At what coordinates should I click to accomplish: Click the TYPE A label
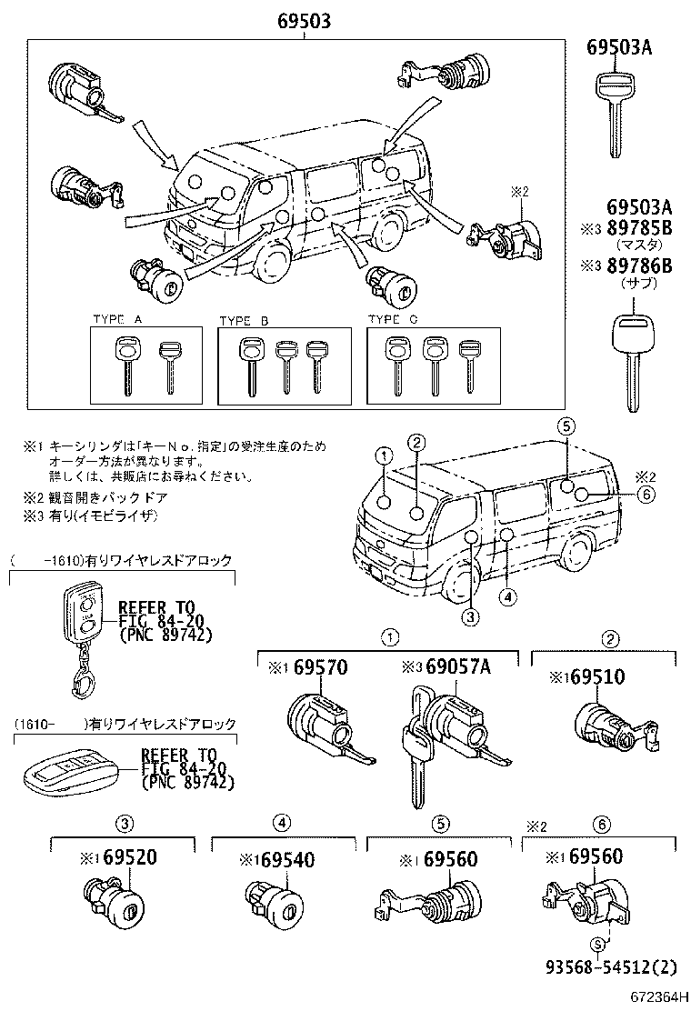(118, 320)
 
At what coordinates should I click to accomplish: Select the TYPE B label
(245, 320)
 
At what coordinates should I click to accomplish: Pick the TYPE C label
(393, 320)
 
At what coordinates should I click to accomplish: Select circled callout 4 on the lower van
(508, 596)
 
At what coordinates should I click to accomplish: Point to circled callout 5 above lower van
(565, 425)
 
